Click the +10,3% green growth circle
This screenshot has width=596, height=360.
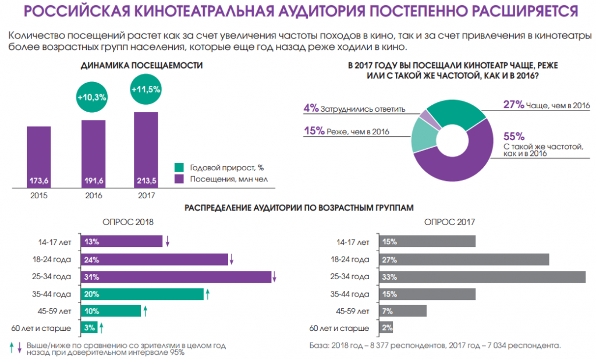pos(92,97)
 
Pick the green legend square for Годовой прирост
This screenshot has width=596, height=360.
pos(180,167)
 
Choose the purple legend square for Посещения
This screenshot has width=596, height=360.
pos(180,178)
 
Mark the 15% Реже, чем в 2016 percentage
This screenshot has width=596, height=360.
pos(314,131)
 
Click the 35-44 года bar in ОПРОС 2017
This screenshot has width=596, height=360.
pos(427,294)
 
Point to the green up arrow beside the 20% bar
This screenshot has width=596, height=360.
pos(207,294)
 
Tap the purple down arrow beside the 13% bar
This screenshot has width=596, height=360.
pos(167,241)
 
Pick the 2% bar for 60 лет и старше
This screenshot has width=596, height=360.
pos(386,328)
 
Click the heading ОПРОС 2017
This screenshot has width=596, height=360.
pos(450,222)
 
